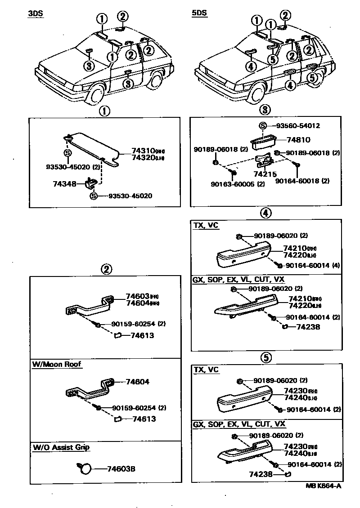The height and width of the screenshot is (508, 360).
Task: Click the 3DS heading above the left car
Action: (x=36, y=13)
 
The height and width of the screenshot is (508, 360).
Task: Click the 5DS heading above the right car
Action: (x=199, y=13)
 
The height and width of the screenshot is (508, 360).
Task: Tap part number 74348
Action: (x=73, y=184)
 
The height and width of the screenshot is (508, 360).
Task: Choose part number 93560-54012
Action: (x=297, y=126)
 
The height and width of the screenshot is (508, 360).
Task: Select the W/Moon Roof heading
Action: (x=57, y=364)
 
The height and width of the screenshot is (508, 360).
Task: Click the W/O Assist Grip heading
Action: (x=61, y=447)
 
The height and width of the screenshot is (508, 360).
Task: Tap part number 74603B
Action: (x=121, y=469)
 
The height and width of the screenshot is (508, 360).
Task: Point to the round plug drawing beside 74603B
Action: (x=85, y=468)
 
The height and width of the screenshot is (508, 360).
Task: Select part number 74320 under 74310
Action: (x=143, y=158)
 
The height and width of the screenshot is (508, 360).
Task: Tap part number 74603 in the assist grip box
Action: (x=137, y=296)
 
